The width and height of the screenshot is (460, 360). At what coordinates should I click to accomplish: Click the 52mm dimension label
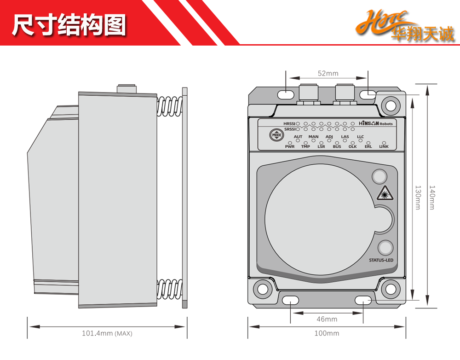point(328,74)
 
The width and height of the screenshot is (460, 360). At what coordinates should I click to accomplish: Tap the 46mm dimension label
point(327,319)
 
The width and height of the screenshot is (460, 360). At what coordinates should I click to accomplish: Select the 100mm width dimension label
point(327,333)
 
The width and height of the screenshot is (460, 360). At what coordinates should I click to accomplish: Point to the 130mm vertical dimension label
point(418,197)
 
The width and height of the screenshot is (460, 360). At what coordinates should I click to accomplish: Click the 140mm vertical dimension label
point(431,197)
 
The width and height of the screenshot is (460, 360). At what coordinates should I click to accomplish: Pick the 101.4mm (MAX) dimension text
point(107,333)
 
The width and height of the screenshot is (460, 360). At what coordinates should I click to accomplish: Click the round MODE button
point(276,135)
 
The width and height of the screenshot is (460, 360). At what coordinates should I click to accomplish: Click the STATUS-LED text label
point(381,261)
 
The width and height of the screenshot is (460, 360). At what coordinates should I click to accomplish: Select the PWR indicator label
point(289,146)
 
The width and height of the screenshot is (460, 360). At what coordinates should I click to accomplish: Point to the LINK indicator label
point(384,146)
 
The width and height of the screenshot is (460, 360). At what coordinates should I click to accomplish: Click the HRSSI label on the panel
point(289,124)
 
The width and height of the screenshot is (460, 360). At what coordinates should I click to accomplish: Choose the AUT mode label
point(298,137)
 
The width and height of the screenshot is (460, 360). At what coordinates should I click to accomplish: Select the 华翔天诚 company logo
point(405,27)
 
